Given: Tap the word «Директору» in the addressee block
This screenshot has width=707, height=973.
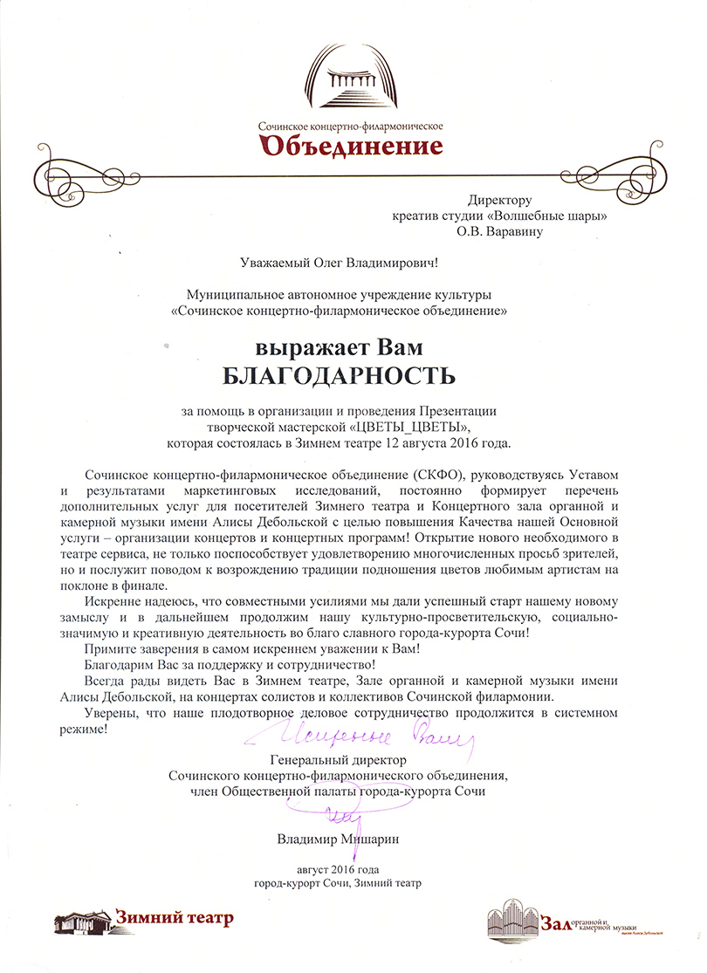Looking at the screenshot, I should [x=498, y=201].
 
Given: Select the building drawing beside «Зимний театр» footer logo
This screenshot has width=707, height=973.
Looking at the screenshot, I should [x=83, y=920].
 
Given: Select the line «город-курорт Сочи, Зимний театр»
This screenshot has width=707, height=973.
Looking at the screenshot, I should [x=337, y=883].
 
